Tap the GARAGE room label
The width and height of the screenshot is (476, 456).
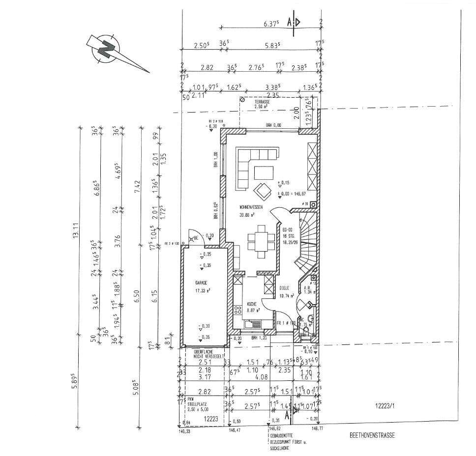201,283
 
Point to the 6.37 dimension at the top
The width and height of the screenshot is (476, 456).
271,23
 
